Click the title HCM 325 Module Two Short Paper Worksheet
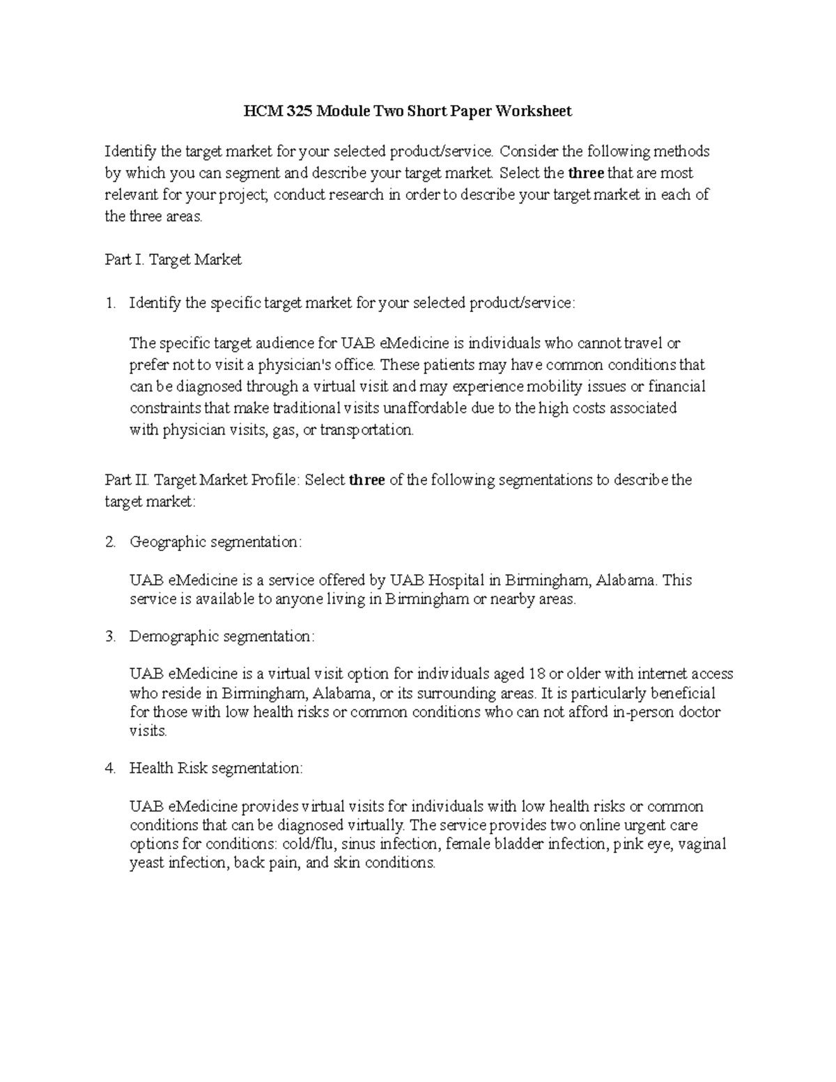click(x=408, y=111)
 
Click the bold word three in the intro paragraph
click(x=586, y=173)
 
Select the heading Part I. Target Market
click(x=173, y=260)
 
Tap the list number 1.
click(x=109, y=303)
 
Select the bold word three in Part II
click(x=366, y=480)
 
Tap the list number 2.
click(x=109, y=542)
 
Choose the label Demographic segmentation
click(x=222, y=636)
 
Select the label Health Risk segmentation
click(x=216, y=768)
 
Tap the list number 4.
click(x=109, y=768)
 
